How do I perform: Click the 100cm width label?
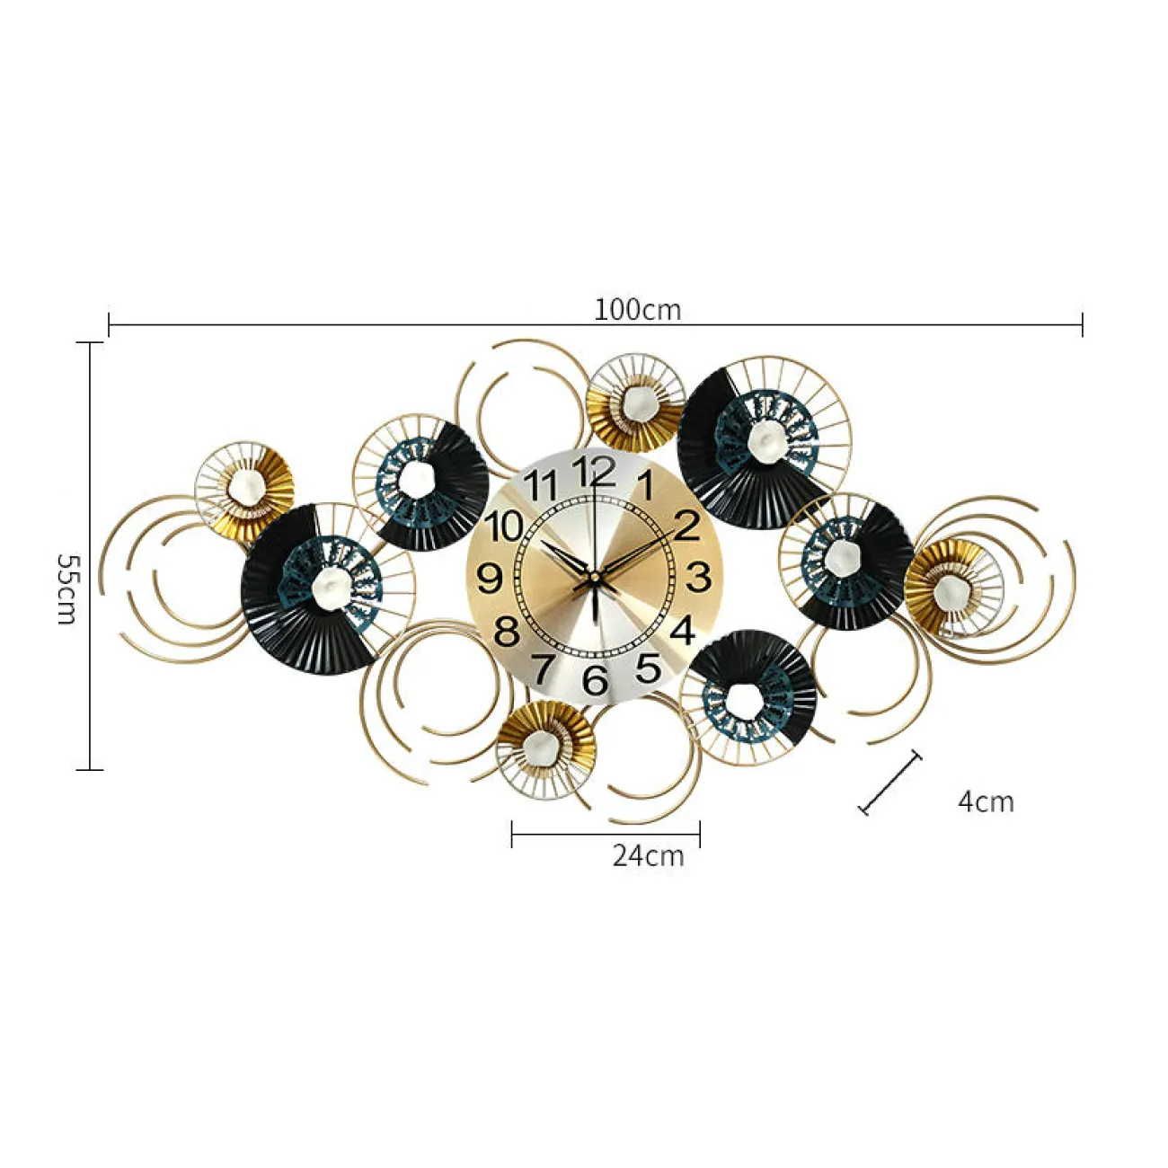[x=637, y=310]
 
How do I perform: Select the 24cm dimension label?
[x=648, y=856]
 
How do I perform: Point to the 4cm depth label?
[x=986, y=801]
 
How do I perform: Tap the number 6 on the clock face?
[x=595, y=679]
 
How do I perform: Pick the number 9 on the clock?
[x=491, y=579]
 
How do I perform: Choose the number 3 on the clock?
[x=698, y=577]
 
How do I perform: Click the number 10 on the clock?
[x=506, y=526]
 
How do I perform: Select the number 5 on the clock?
[x=649, y=668]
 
